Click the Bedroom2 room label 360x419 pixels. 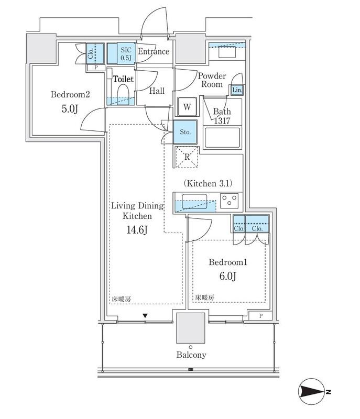(70, 94)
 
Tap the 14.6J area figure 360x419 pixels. (137, 229)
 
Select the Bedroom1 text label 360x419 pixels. (228, 262)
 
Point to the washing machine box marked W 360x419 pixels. (187, 107)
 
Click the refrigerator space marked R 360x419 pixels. (187, 157)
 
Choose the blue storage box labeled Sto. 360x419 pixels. (185, 132)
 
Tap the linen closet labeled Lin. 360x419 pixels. (237, 90)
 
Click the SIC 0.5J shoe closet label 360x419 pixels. (126, 54)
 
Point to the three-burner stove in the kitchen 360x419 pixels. (230, 201)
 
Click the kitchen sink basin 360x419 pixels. (194, 202)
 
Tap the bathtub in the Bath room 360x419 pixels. (222, 137)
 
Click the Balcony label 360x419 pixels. (191, 355)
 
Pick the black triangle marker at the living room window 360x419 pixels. (145, 316)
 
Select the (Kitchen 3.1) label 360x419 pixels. (208, 183)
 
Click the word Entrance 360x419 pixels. (154, 51)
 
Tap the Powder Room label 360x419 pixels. (212, 80)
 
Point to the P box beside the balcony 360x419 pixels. (260, 316)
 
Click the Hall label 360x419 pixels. (157, 91)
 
